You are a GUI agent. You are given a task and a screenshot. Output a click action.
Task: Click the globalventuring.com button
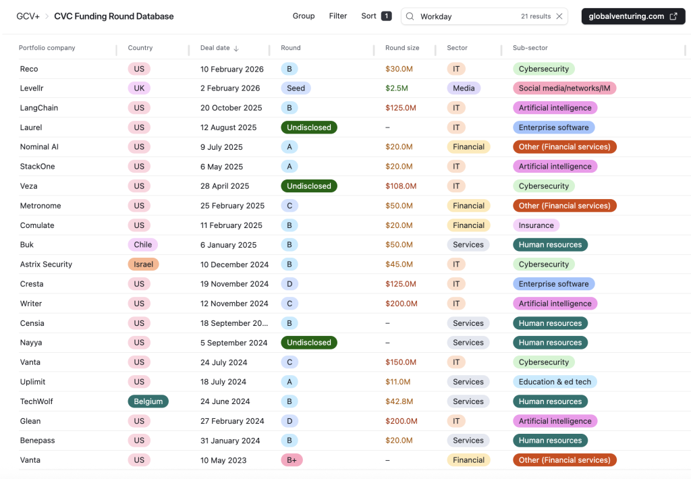pos(632,16)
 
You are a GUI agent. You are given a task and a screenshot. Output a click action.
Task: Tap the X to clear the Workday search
pos(559,16)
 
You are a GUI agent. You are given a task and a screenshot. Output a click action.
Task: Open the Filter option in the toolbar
pos(338,16)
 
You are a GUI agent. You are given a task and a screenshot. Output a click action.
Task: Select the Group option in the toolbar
pos(304,16)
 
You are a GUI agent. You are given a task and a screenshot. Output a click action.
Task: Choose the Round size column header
pos(402,48)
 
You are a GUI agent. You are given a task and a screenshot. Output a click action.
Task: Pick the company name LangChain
pos(38,108)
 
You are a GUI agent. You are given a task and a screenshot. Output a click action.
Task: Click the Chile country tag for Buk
pos(142,245)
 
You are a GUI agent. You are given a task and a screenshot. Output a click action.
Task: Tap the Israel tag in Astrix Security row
pos(143,264)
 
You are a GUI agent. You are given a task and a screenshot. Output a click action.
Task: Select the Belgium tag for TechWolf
pos(148,401)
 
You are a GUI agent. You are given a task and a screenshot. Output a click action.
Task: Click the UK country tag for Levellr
pos(139,88)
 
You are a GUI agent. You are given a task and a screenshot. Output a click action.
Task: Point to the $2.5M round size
pos(397,88)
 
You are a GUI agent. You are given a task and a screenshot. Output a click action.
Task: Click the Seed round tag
pos(296,88)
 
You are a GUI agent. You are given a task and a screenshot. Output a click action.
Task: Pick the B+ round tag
pos(292,460)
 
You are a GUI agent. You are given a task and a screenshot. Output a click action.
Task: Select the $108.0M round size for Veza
pos(401,186)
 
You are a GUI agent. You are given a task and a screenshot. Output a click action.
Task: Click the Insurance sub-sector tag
pos(536,225)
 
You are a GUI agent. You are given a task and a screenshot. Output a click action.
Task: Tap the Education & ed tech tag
pos(555,382)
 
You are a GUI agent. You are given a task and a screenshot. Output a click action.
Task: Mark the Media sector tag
pos(464,88)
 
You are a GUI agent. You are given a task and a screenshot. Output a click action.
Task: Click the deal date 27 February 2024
pos(232,421)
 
